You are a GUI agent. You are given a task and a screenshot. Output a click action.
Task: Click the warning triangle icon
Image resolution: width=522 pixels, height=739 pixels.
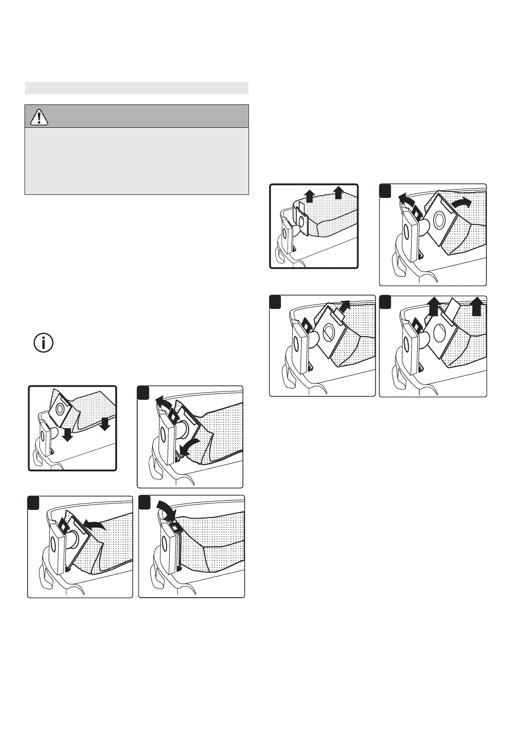coord(39,116)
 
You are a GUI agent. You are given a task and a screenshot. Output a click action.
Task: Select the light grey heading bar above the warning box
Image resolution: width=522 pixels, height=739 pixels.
coord(136,88)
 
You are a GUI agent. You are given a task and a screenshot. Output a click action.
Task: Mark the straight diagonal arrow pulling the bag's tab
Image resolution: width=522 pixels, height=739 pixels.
coord(344,306)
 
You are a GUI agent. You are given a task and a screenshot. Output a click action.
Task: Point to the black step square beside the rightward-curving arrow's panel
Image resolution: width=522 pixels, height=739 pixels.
coord(386,191)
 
